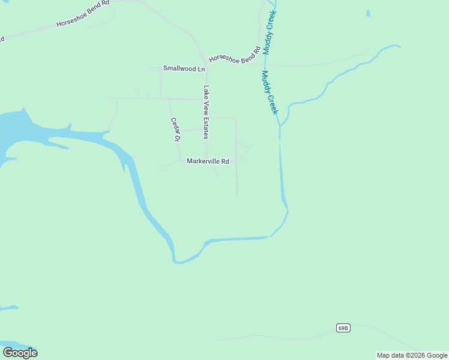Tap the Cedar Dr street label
click(175, 129)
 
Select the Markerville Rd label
click(208, 161)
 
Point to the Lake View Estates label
click(206, 112)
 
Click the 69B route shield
click(343, 328)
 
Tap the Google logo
click(20, 353)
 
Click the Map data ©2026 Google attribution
click(412, 355)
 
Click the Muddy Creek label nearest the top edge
click(269, 31)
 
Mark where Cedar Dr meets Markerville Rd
click(180, 161)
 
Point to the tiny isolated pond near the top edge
click(368, 13)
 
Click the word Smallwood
click(176, 68)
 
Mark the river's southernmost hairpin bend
click(177, 262)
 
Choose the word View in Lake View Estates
click(206, 108)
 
